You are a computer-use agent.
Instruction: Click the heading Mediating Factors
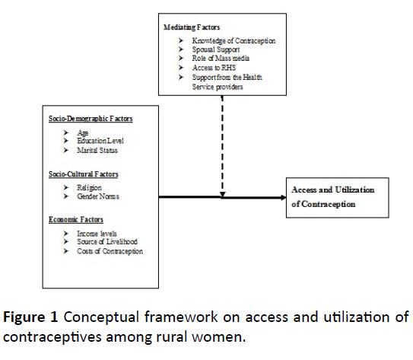point(192,27)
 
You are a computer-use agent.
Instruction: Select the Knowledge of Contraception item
point(234,40)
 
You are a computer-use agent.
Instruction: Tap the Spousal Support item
point(216,49)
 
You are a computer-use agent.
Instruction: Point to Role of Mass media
point(221,59)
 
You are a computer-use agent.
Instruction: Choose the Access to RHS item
point(214,68)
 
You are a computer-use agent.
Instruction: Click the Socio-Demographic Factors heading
point(91,119)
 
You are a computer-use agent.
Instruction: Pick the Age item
point(83,132)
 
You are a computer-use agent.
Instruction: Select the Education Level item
point(100,141)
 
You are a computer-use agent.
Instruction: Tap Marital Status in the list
point(97,150)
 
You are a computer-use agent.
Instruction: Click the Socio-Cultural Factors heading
point(84,174)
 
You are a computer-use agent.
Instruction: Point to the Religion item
point(89,188)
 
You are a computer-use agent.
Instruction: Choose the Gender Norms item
point(98,196)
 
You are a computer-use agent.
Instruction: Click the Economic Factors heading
point(76,219)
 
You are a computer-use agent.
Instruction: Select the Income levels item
point(97,234)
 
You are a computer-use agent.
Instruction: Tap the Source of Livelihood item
point(107,242)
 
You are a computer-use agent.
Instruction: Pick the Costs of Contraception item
point(110,251)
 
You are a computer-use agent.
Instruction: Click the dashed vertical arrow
point(223,147)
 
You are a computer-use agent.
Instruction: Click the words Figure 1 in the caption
point(30,317)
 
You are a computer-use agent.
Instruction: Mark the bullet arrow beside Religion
point(66,188)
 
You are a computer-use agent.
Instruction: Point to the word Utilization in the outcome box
point(354,190)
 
